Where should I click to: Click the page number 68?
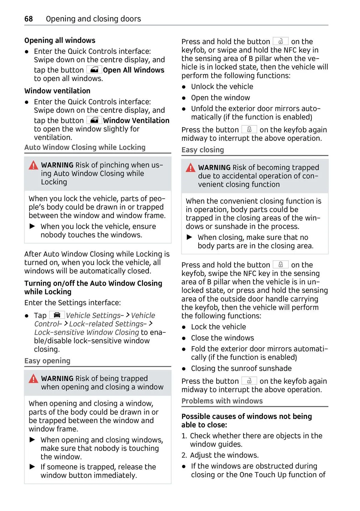28,19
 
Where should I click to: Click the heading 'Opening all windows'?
60,41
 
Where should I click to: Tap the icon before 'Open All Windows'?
94,70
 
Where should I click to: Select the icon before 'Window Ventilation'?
94,120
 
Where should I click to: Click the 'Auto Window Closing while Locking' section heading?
85,147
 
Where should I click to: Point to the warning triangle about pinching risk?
33,165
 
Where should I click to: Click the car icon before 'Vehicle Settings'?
57,315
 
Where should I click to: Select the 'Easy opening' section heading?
47,361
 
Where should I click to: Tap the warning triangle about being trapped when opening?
33,379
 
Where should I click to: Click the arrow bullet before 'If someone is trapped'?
32,467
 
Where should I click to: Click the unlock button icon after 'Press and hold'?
280,41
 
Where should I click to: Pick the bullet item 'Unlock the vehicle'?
222,87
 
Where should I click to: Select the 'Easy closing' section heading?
203,150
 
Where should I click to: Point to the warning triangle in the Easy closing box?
190,168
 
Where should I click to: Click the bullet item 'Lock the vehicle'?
218,327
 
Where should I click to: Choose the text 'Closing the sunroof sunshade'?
241,368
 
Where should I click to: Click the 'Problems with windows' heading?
222,401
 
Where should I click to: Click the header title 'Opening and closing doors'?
93,19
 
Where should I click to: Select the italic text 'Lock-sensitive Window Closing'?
87,332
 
